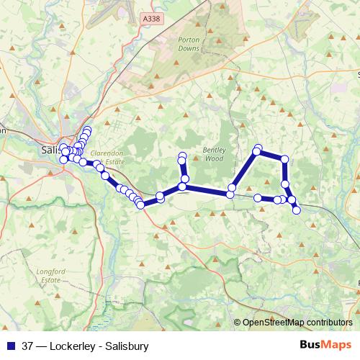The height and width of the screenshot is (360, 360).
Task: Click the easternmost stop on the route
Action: click(x=296, y=210)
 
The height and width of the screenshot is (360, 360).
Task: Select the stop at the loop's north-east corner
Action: click(x=285, y=159)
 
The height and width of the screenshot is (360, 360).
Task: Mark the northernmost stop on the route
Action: click(x=87, y=130)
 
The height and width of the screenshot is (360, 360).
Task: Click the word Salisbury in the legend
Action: click(x=127, y=346)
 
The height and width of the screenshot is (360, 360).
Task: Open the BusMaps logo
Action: click(x=326, y=346)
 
